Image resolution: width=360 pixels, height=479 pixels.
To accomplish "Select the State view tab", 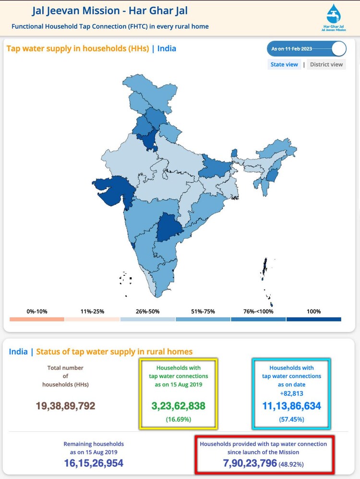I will (x=285, y=64).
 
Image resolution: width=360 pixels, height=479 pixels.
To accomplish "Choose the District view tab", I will (x=326, y=64).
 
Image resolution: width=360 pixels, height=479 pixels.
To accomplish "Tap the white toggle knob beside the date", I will (x=338, y=49).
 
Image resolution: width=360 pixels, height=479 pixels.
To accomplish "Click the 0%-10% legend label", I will (x=37, y=311).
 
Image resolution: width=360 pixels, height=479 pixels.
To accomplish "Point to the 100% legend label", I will (x=313, y=311).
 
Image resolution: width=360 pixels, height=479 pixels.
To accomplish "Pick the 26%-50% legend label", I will (x=147, y=311).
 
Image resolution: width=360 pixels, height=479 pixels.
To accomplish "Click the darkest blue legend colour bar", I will (x=313, y=319).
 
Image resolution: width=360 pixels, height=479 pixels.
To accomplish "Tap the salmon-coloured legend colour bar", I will (x=37, y=319).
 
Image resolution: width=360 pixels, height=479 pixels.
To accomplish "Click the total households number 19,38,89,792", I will (x=66, y=406).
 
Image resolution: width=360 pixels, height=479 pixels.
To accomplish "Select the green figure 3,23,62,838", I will (x=179, y=406).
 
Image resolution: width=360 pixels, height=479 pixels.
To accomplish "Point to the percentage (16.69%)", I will (x=179, y=419).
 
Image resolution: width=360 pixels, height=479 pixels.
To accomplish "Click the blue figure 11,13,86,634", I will (x=292, y=406).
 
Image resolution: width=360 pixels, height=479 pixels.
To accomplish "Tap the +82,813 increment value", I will (x=292, y=393).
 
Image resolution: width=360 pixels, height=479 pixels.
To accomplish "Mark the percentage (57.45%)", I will (x=292, y=419).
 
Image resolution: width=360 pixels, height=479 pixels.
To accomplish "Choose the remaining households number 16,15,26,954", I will (x=94, y=463).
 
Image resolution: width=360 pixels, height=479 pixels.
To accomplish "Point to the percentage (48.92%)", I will (x=291, y=464).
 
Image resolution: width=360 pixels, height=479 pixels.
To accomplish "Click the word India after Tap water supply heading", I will (x=167, y=48).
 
